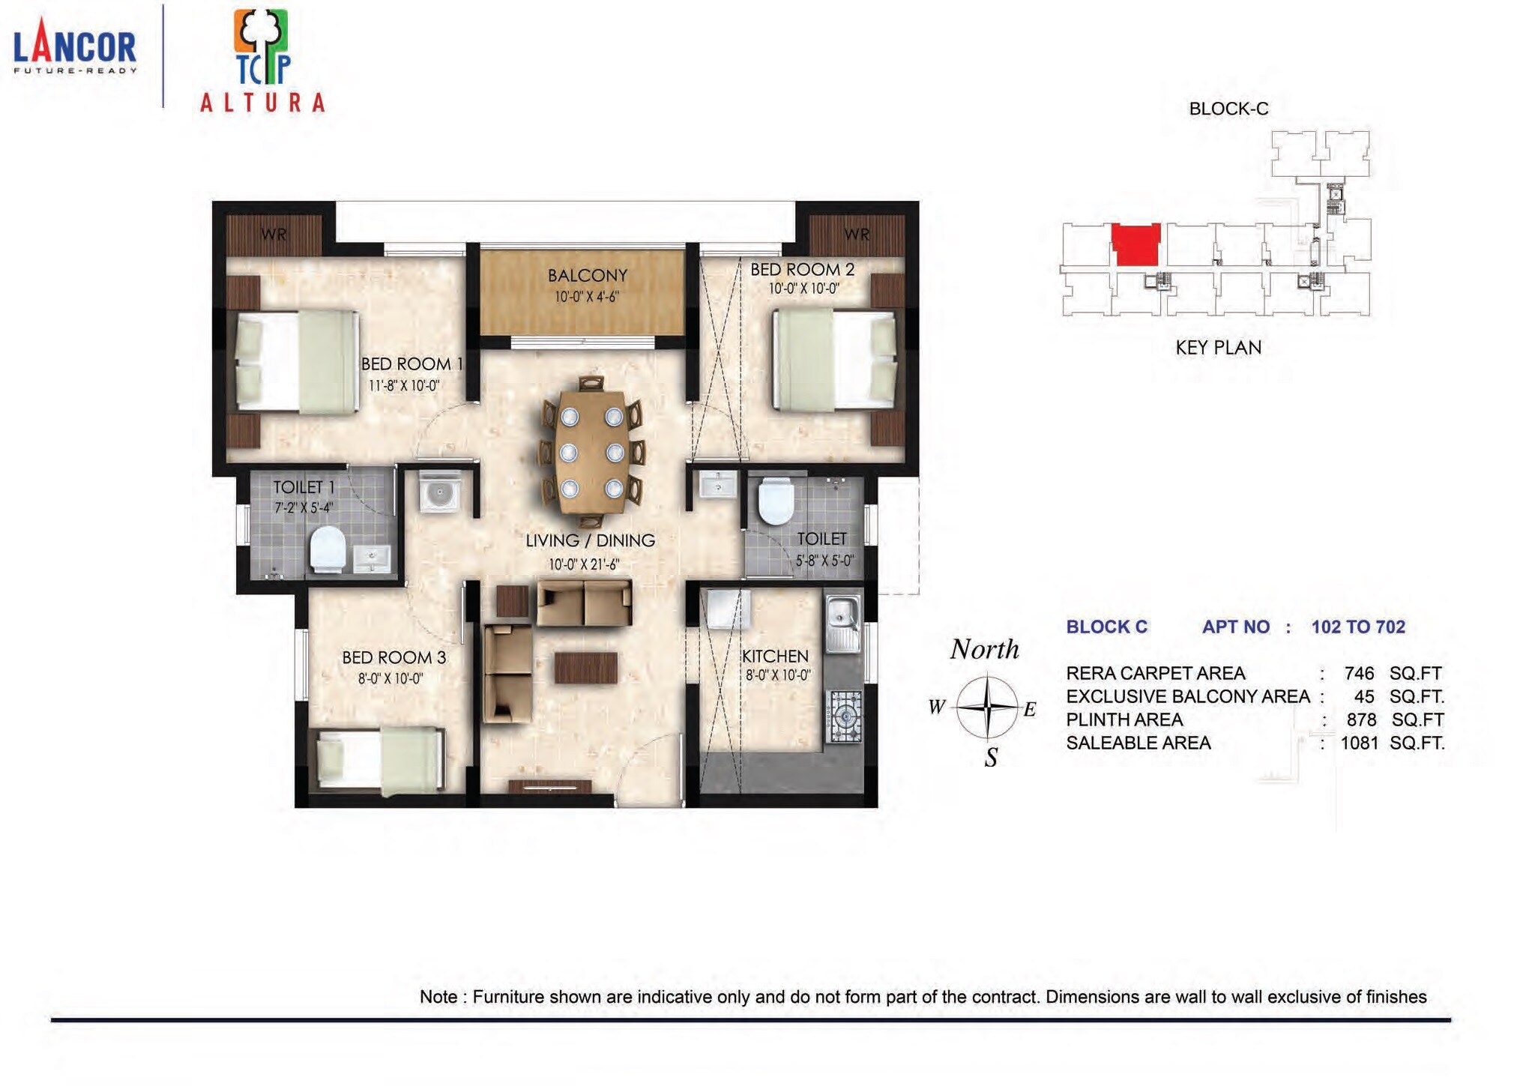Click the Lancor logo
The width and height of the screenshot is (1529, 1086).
pyautogui.click(x=75, y=49)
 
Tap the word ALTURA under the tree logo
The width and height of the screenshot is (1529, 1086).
pyautogui.click(x=262, y=103)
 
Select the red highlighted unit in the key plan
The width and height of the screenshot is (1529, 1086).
pyautogui.click(x=1136, y=244)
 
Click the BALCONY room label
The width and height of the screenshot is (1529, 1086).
pyautogui.click(x=587, y=276)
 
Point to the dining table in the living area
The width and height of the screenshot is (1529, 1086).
pyautogui.click(x=591, y=452)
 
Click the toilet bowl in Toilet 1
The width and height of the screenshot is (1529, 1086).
pyautogui.click(x=328, y=549)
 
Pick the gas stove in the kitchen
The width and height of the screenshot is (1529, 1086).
pyautogui.click(x=845, y=717)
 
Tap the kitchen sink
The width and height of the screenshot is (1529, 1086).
pyautogui.click(x=842, y=624)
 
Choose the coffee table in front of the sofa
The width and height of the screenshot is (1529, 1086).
pyautogui.click(x=586, y=668)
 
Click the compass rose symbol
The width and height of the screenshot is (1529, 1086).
pyautogui.click(x=987, y=707)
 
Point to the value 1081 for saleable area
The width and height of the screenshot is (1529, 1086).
pyautogui.click(x=1359, y=743)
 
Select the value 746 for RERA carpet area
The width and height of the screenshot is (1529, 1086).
pyautogui.click(x=1359, y=673)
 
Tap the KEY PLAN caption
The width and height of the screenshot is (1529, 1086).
pyautogui.click(x=1218, y=348)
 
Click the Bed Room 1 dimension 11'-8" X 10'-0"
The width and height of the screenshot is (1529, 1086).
pyautogui.click(x=404, y=386)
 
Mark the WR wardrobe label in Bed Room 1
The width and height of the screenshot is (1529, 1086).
pyautogui.click(x=274, y=235)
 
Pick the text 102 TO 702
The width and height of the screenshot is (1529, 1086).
pyautogui.click(x=1358, y=627)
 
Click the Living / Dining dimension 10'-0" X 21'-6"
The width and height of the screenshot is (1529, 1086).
pyautogui.click(x=584, y=564)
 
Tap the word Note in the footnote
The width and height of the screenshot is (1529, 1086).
pyautogui.click(x=438, y=997)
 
